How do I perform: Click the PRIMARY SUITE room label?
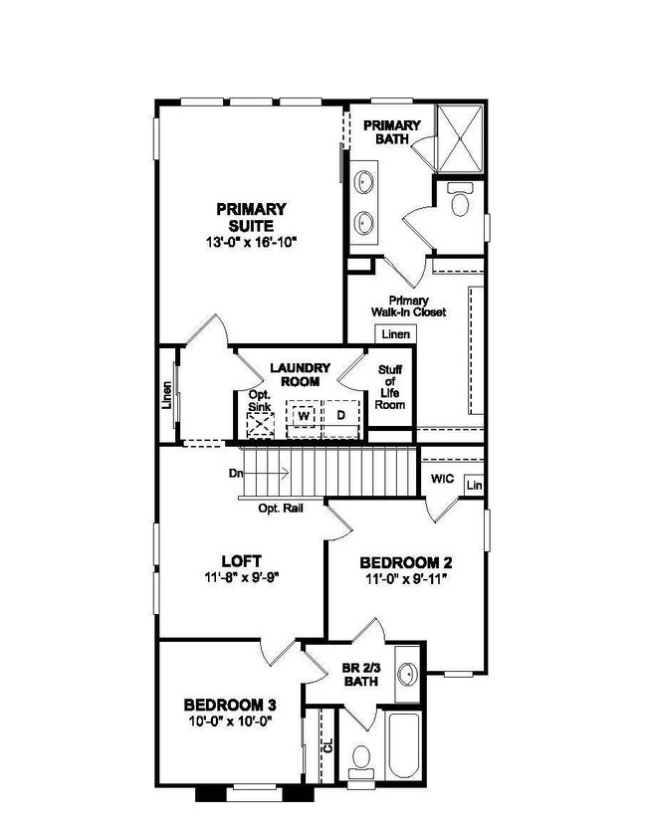coord(251,217)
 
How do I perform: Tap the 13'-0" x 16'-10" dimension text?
coord(251,242)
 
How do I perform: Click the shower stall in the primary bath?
coord(461,135)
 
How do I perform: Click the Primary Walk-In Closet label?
coord(417,306)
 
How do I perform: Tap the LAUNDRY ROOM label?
coord(295,374)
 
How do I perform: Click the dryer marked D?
coord(339,415)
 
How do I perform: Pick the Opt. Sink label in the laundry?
coord(260,401)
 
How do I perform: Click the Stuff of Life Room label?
coord(391,387)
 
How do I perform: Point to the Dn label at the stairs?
coord(236,474)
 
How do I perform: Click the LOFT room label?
coord(241,560)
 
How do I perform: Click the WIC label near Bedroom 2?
coord(442,480)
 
